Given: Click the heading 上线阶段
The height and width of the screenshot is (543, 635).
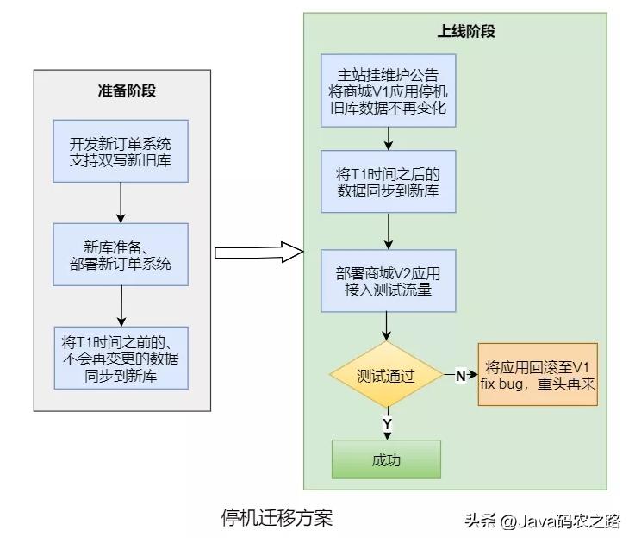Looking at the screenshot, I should [465, 32].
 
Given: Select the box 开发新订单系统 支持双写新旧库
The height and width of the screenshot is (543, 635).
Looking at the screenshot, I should [120, 151].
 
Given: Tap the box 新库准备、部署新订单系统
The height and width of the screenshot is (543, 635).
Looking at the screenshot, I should [120, 254].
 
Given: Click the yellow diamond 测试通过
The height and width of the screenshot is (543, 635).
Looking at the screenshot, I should [386, 377].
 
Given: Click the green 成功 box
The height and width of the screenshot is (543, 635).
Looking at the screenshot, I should [386, 459].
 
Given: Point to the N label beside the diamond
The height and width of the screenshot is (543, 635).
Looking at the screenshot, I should [460, 376].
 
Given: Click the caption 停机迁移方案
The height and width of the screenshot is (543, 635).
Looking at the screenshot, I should [276, 517].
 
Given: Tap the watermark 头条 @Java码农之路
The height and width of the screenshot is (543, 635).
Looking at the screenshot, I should [543, 521].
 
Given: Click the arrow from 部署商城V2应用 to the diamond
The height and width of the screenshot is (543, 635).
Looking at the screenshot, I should [387, 325].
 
